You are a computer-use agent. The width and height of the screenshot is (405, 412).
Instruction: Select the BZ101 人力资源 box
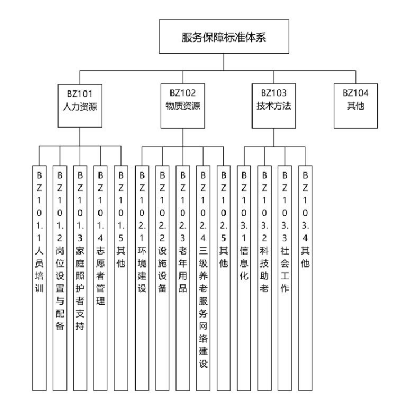point(79,99)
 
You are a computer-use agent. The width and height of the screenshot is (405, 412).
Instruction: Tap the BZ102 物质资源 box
point(183,99)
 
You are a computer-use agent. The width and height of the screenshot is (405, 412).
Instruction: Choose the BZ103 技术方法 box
point(273,99)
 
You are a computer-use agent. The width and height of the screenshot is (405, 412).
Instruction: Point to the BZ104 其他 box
point(355,99)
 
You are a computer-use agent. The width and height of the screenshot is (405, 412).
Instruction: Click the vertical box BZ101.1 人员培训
point(39,275)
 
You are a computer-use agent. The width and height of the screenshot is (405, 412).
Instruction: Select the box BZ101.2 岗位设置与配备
point(59,275)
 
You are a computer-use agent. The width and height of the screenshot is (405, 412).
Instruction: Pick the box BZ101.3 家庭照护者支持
point(79,275)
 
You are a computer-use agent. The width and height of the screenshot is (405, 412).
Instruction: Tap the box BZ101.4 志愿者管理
point(100,275)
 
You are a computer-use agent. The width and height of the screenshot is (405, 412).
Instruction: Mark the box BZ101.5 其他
point(120,275)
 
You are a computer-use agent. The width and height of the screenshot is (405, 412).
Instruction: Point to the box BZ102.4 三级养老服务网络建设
point(203,275)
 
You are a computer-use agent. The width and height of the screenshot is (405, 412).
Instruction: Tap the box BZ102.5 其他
point(223,275)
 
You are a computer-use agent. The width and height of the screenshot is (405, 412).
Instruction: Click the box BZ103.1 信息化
point(244,275)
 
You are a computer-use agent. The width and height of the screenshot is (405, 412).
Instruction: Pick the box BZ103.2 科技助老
point(264,275)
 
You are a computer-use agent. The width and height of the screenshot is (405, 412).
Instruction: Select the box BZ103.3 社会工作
point(285,275)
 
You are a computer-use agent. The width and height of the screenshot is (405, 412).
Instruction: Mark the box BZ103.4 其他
point(305,275)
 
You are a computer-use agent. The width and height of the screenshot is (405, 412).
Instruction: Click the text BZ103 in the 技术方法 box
point(273,93)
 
